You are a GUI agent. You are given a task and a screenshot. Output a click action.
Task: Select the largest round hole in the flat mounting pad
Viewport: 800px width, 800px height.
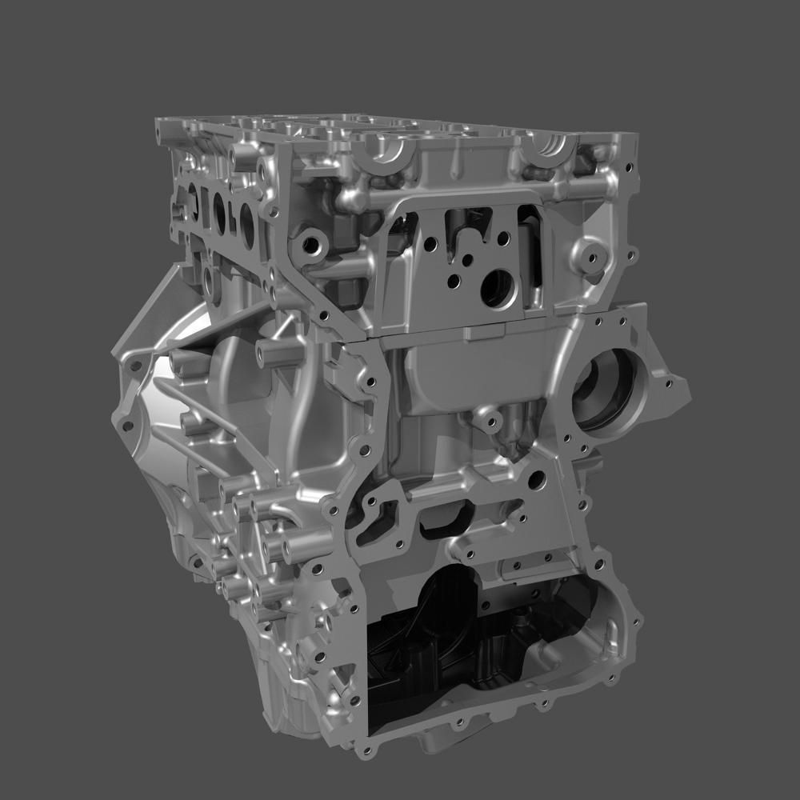click(x=498, y=288)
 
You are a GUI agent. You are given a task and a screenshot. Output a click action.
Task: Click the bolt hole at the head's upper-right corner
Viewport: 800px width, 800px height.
click(x=629, y=169)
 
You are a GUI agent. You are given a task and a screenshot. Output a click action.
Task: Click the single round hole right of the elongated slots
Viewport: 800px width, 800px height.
click(x=537, y=480)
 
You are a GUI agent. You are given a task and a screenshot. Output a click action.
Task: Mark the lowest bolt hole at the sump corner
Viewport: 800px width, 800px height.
click(x=367, y=751)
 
